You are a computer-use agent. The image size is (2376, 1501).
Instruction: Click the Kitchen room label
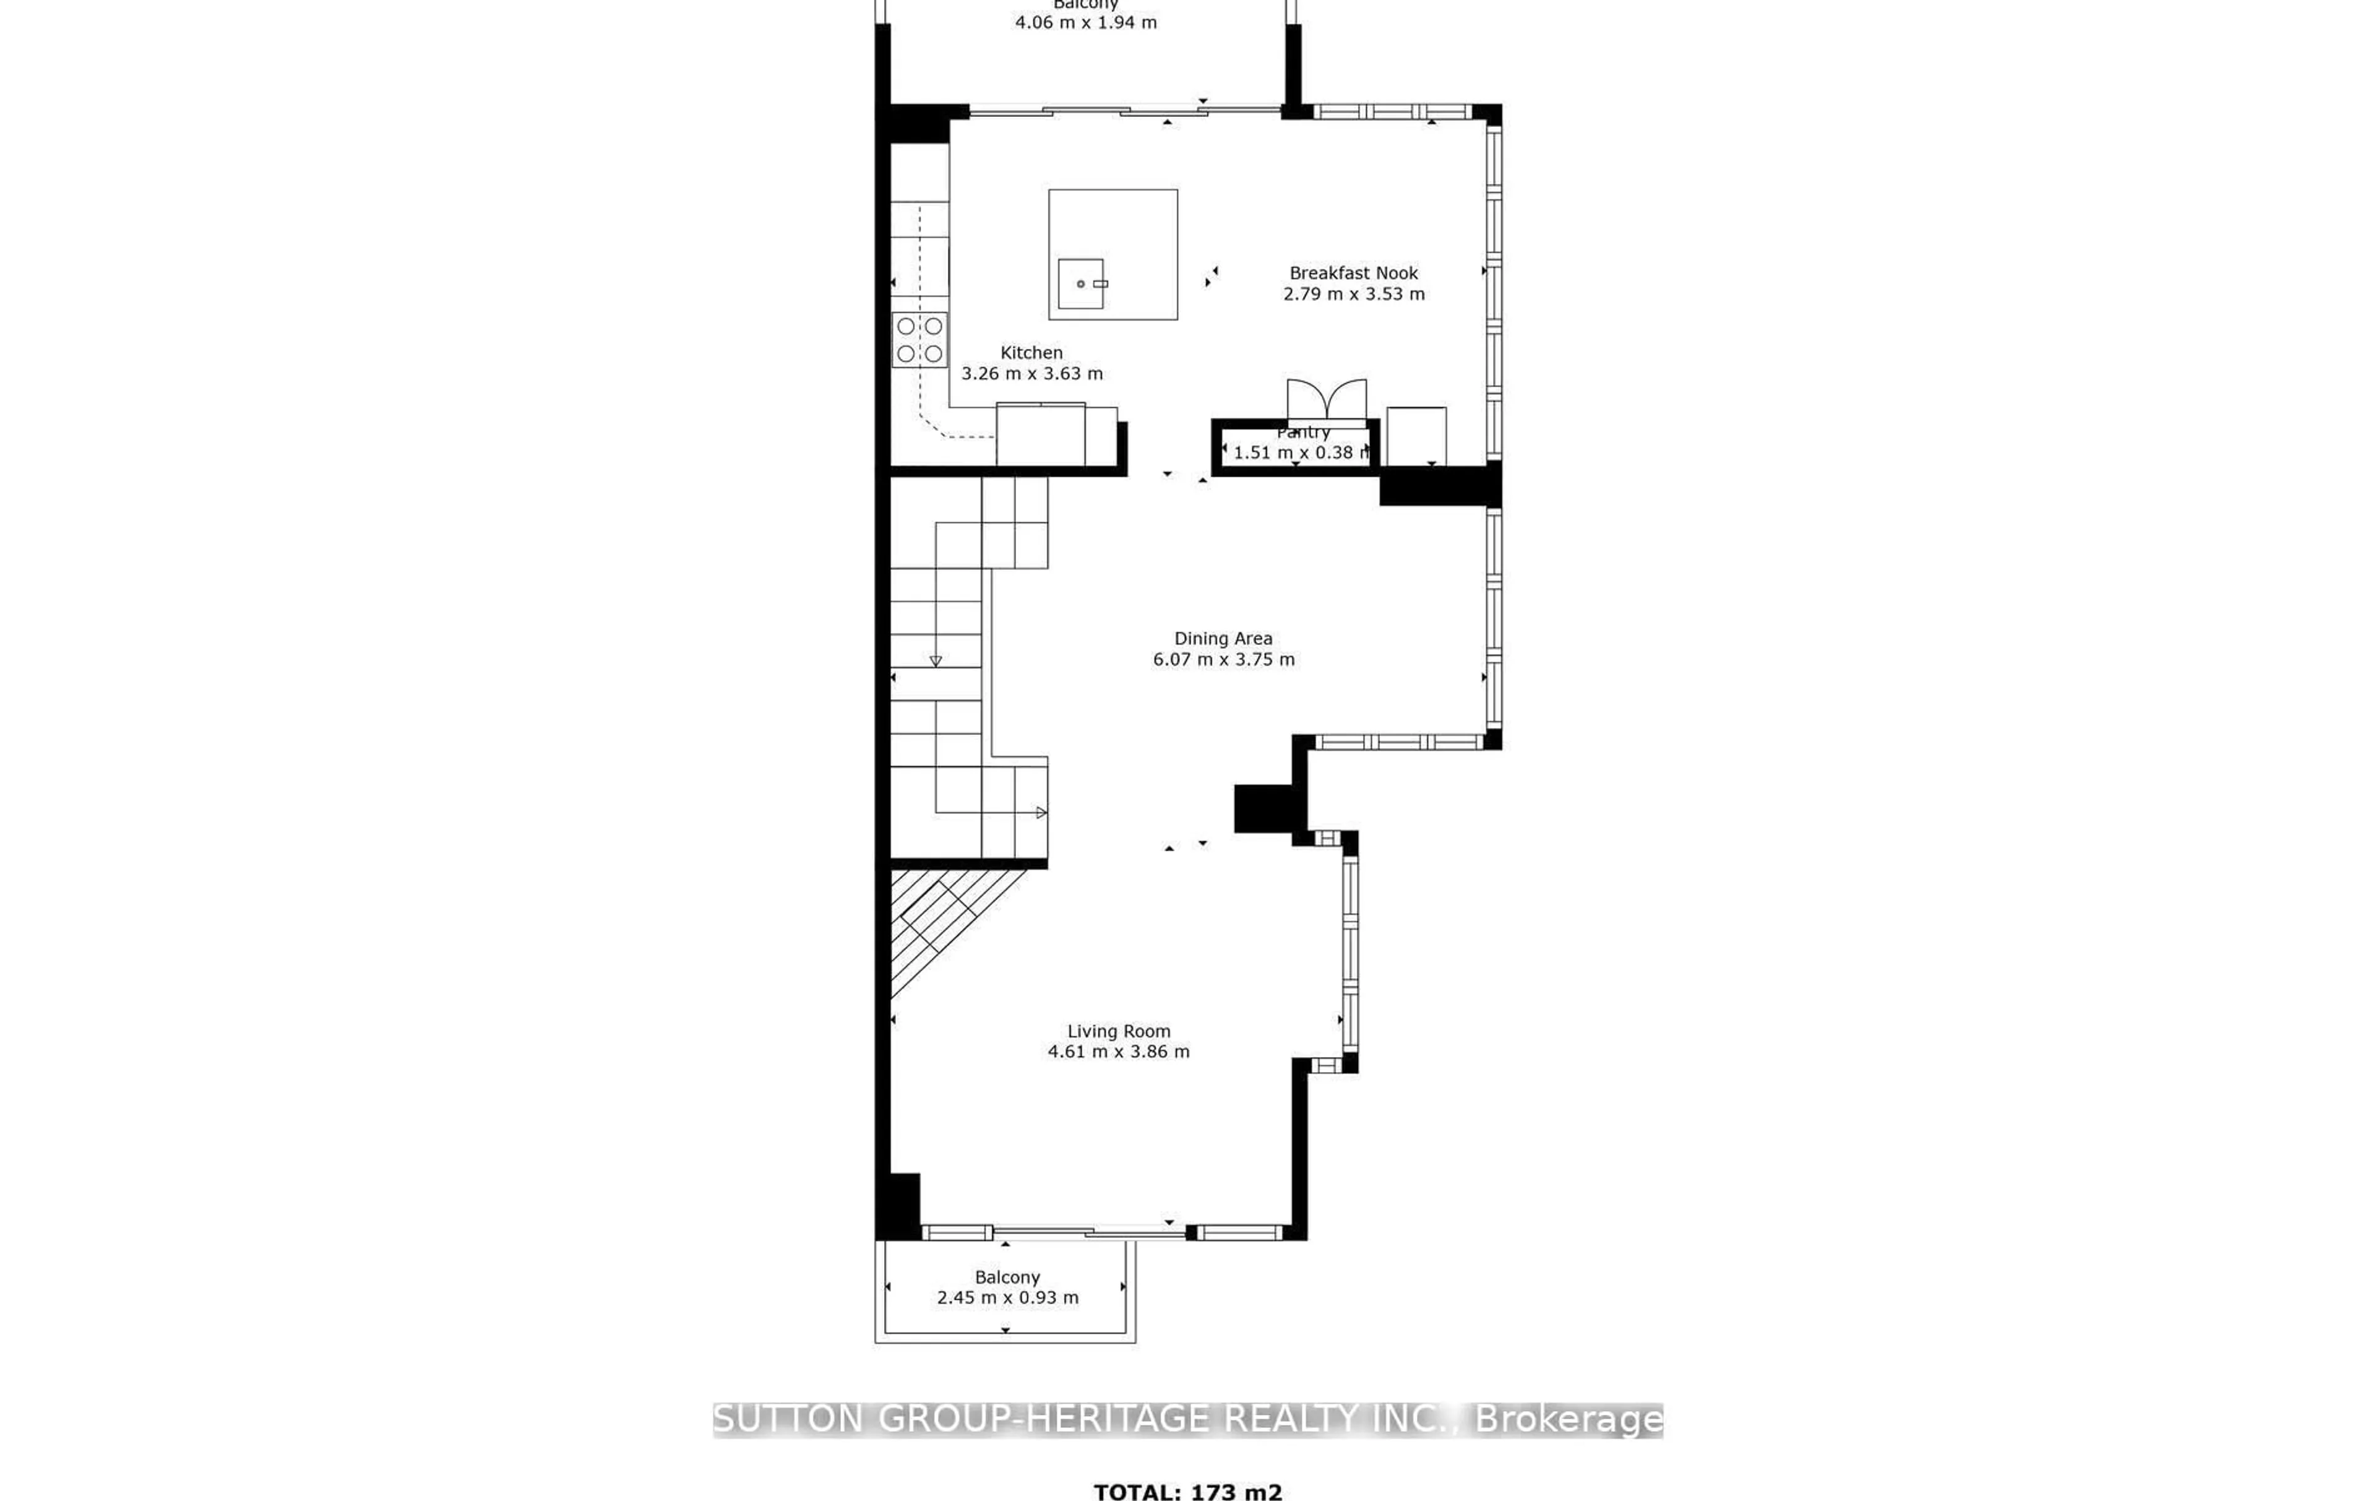(x=1031, y=352)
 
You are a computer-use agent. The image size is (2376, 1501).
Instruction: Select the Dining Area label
(x=1223, y=639)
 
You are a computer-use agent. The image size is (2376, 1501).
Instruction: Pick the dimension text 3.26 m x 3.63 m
(x=1031, y=374)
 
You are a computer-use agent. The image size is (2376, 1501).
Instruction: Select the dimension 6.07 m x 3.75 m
(x=1223, y=659)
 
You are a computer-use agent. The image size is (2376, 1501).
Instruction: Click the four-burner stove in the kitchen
(x=919, y=339)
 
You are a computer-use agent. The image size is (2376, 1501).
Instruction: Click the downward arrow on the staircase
(x=936, y=660)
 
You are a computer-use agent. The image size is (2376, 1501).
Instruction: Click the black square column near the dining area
(x=1263, y=808)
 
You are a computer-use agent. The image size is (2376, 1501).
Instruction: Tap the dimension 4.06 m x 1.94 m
(x=1085, y=22)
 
